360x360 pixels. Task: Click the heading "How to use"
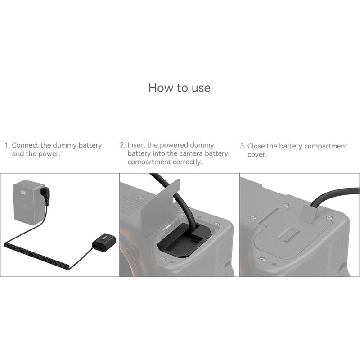(179, 87)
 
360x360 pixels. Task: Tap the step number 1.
(7, 146)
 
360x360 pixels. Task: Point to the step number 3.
(242, 146)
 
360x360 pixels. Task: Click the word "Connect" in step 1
(26, 145)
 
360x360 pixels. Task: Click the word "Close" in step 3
(257, 146)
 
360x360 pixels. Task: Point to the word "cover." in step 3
(257, 154)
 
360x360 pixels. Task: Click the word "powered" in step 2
(171, 145)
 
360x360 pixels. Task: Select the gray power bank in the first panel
(29, 202)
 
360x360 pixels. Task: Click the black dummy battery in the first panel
(104, 243)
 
